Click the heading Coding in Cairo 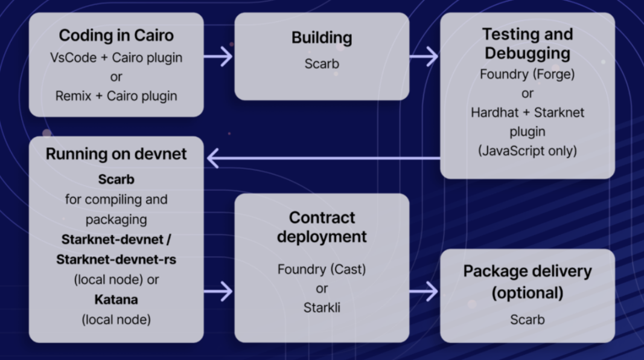click(x=116, y=35)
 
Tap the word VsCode click(x=72, y=58)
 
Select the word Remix click(x=73, y=95)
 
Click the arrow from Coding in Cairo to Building click(x=218, y=57)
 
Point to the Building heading click(x=322, y=37)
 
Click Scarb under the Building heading click(x=322, y=63)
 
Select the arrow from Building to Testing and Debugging click(x=424, y=57)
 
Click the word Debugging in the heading click(x=527, y=53)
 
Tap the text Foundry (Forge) click(x=527, y=74)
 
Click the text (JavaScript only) click(x=527, y=150)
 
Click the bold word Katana click(x=116, y=300)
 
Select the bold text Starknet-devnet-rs click(x=116, y=259)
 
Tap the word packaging click(x=116, y=219)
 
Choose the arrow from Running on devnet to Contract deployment click(x=218, y=291)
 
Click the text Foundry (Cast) click(x=322, y=269)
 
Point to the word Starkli click(x=322, y=307)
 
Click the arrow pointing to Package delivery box click(x=424, y=291)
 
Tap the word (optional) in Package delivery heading click(x=527, y=293)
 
